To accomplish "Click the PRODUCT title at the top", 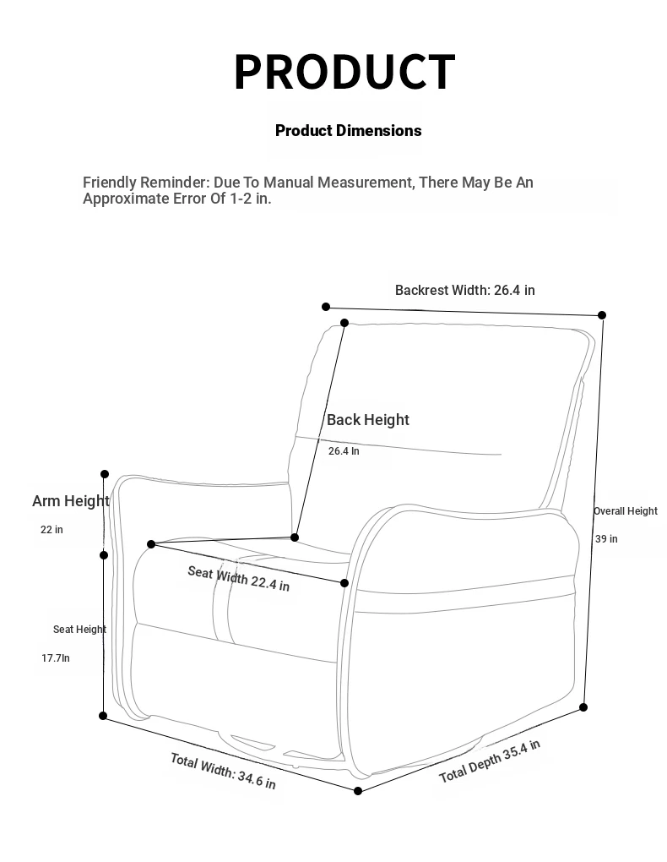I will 344,72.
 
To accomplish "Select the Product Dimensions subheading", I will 348,130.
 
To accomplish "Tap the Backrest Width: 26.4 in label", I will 464,290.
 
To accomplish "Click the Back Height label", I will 367,419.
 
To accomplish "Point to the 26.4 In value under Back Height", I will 344,451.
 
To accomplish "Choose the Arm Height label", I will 71,500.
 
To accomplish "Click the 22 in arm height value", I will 52,530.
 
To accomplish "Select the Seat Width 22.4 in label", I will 238,578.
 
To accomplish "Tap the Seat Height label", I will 79,629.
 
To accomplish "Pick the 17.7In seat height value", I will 56,657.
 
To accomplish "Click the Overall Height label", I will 625,510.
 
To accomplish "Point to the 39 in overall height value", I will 606,538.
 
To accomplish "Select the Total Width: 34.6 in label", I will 223,771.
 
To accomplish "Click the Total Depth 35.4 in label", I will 490,761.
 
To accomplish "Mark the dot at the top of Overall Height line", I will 602,315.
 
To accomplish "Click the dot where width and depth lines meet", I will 358,791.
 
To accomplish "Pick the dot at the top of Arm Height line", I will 105,474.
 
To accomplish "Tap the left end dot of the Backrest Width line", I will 326,307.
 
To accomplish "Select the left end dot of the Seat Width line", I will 151,544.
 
